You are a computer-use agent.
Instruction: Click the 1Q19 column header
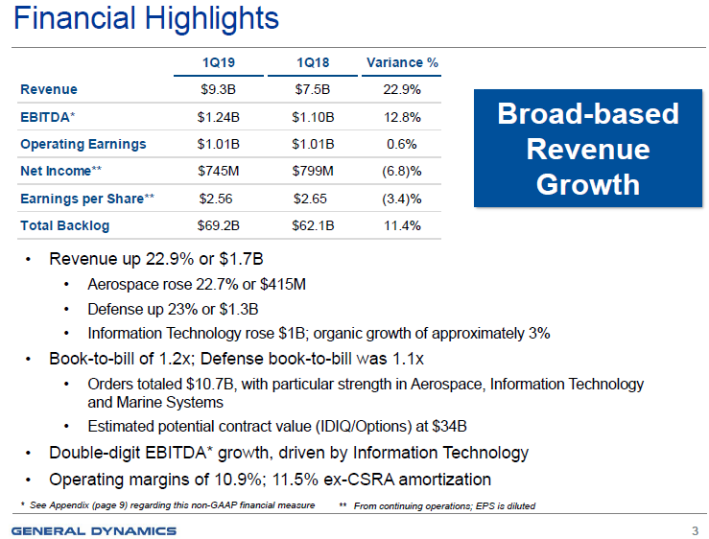(x=219, y=63)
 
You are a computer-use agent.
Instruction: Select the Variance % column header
(x=402, y=63)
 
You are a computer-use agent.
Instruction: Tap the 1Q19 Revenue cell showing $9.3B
(x=218, y=90)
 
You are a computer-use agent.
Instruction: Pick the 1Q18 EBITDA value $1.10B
(x=313, y=117)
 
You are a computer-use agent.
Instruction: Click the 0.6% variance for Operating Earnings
(x=402, y=145)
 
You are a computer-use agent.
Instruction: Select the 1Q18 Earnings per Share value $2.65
(x=313, y=199)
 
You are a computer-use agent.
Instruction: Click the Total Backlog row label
(x=64, y=226)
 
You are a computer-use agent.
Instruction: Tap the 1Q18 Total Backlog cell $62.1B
(x=313, y=226)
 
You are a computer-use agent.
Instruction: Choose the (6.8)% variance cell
(x=402, y=172)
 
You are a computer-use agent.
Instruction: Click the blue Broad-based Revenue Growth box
(x=587, y=149)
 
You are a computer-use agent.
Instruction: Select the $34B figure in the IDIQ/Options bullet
(x=449, y=426)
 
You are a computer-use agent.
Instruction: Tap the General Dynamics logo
(x=94, y=530)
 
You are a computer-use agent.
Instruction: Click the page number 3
(x=694, y=530)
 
